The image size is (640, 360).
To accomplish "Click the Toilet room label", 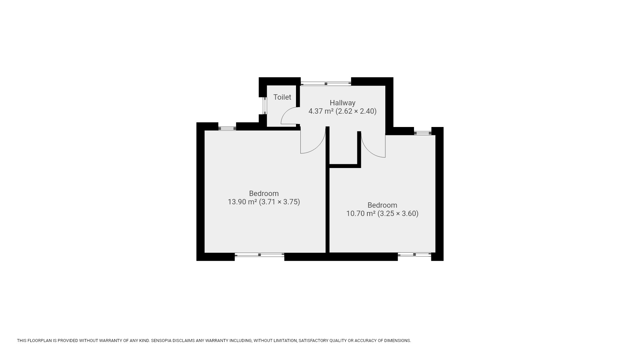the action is click(x=282, y=97).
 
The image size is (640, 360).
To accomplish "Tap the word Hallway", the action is click(x=342, y=103).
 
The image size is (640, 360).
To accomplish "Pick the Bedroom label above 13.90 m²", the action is click(x=264, y=193).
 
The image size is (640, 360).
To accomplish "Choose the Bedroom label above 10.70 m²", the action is click(x=382, y=205).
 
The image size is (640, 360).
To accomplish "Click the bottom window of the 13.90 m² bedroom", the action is click(x=259, y=255).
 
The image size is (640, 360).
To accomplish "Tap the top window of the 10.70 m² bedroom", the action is click(x=423, y=133).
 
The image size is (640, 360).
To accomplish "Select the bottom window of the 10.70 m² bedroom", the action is click(x=414, y=255).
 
